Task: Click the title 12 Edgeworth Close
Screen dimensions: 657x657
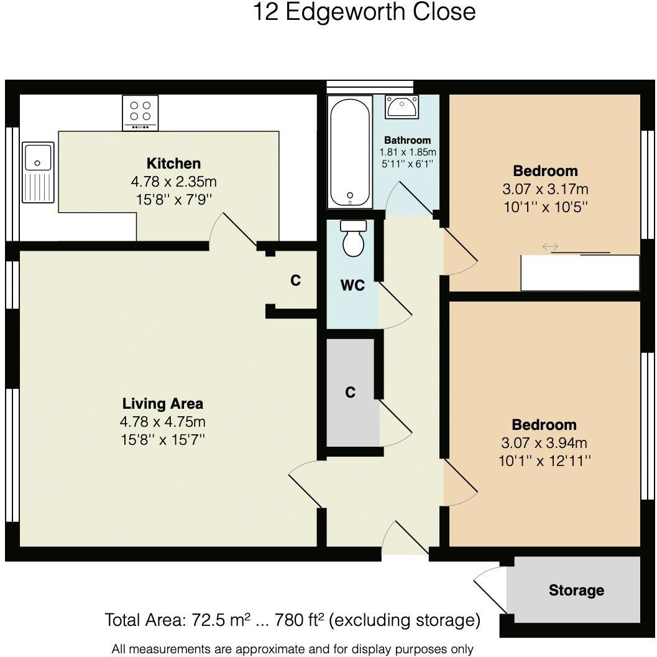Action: click(x=364, y=12)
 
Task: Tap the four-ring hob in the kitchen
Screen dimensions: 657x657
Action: click(x=140, y=113)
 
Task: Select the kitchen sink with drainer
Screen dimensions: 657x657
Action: click(x=38, y=172)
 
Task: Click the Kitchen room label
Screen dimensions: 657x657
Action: click(x=173, y=164)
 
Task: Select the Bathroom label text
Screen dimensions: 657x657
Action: click(x=407, y=141)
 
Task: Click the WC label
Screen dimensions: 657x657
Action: click(x=352, y=286)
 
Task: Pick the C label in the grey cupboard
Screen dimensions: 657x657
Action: click(x=351, y=393)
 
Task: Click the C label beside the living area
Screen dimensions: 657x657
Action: click(x=296, y=281)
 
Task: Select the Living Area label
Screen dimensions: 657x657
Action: click(x=162, y=403)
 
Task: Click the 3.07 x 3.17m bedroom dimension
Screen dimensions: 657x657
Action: click(x=545, y=189)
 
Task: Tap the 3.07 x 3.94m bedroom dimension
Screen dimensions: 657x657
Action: click(x=544, y=443)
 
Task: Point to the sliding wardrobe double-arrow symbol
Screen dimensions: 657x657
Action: click(x=550, y=247)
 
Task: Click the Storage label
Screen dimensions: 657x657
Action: click(x=576, y=590)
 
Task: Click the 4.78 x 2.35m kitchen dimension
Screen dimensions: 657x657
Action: click(x=173, y=182)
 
